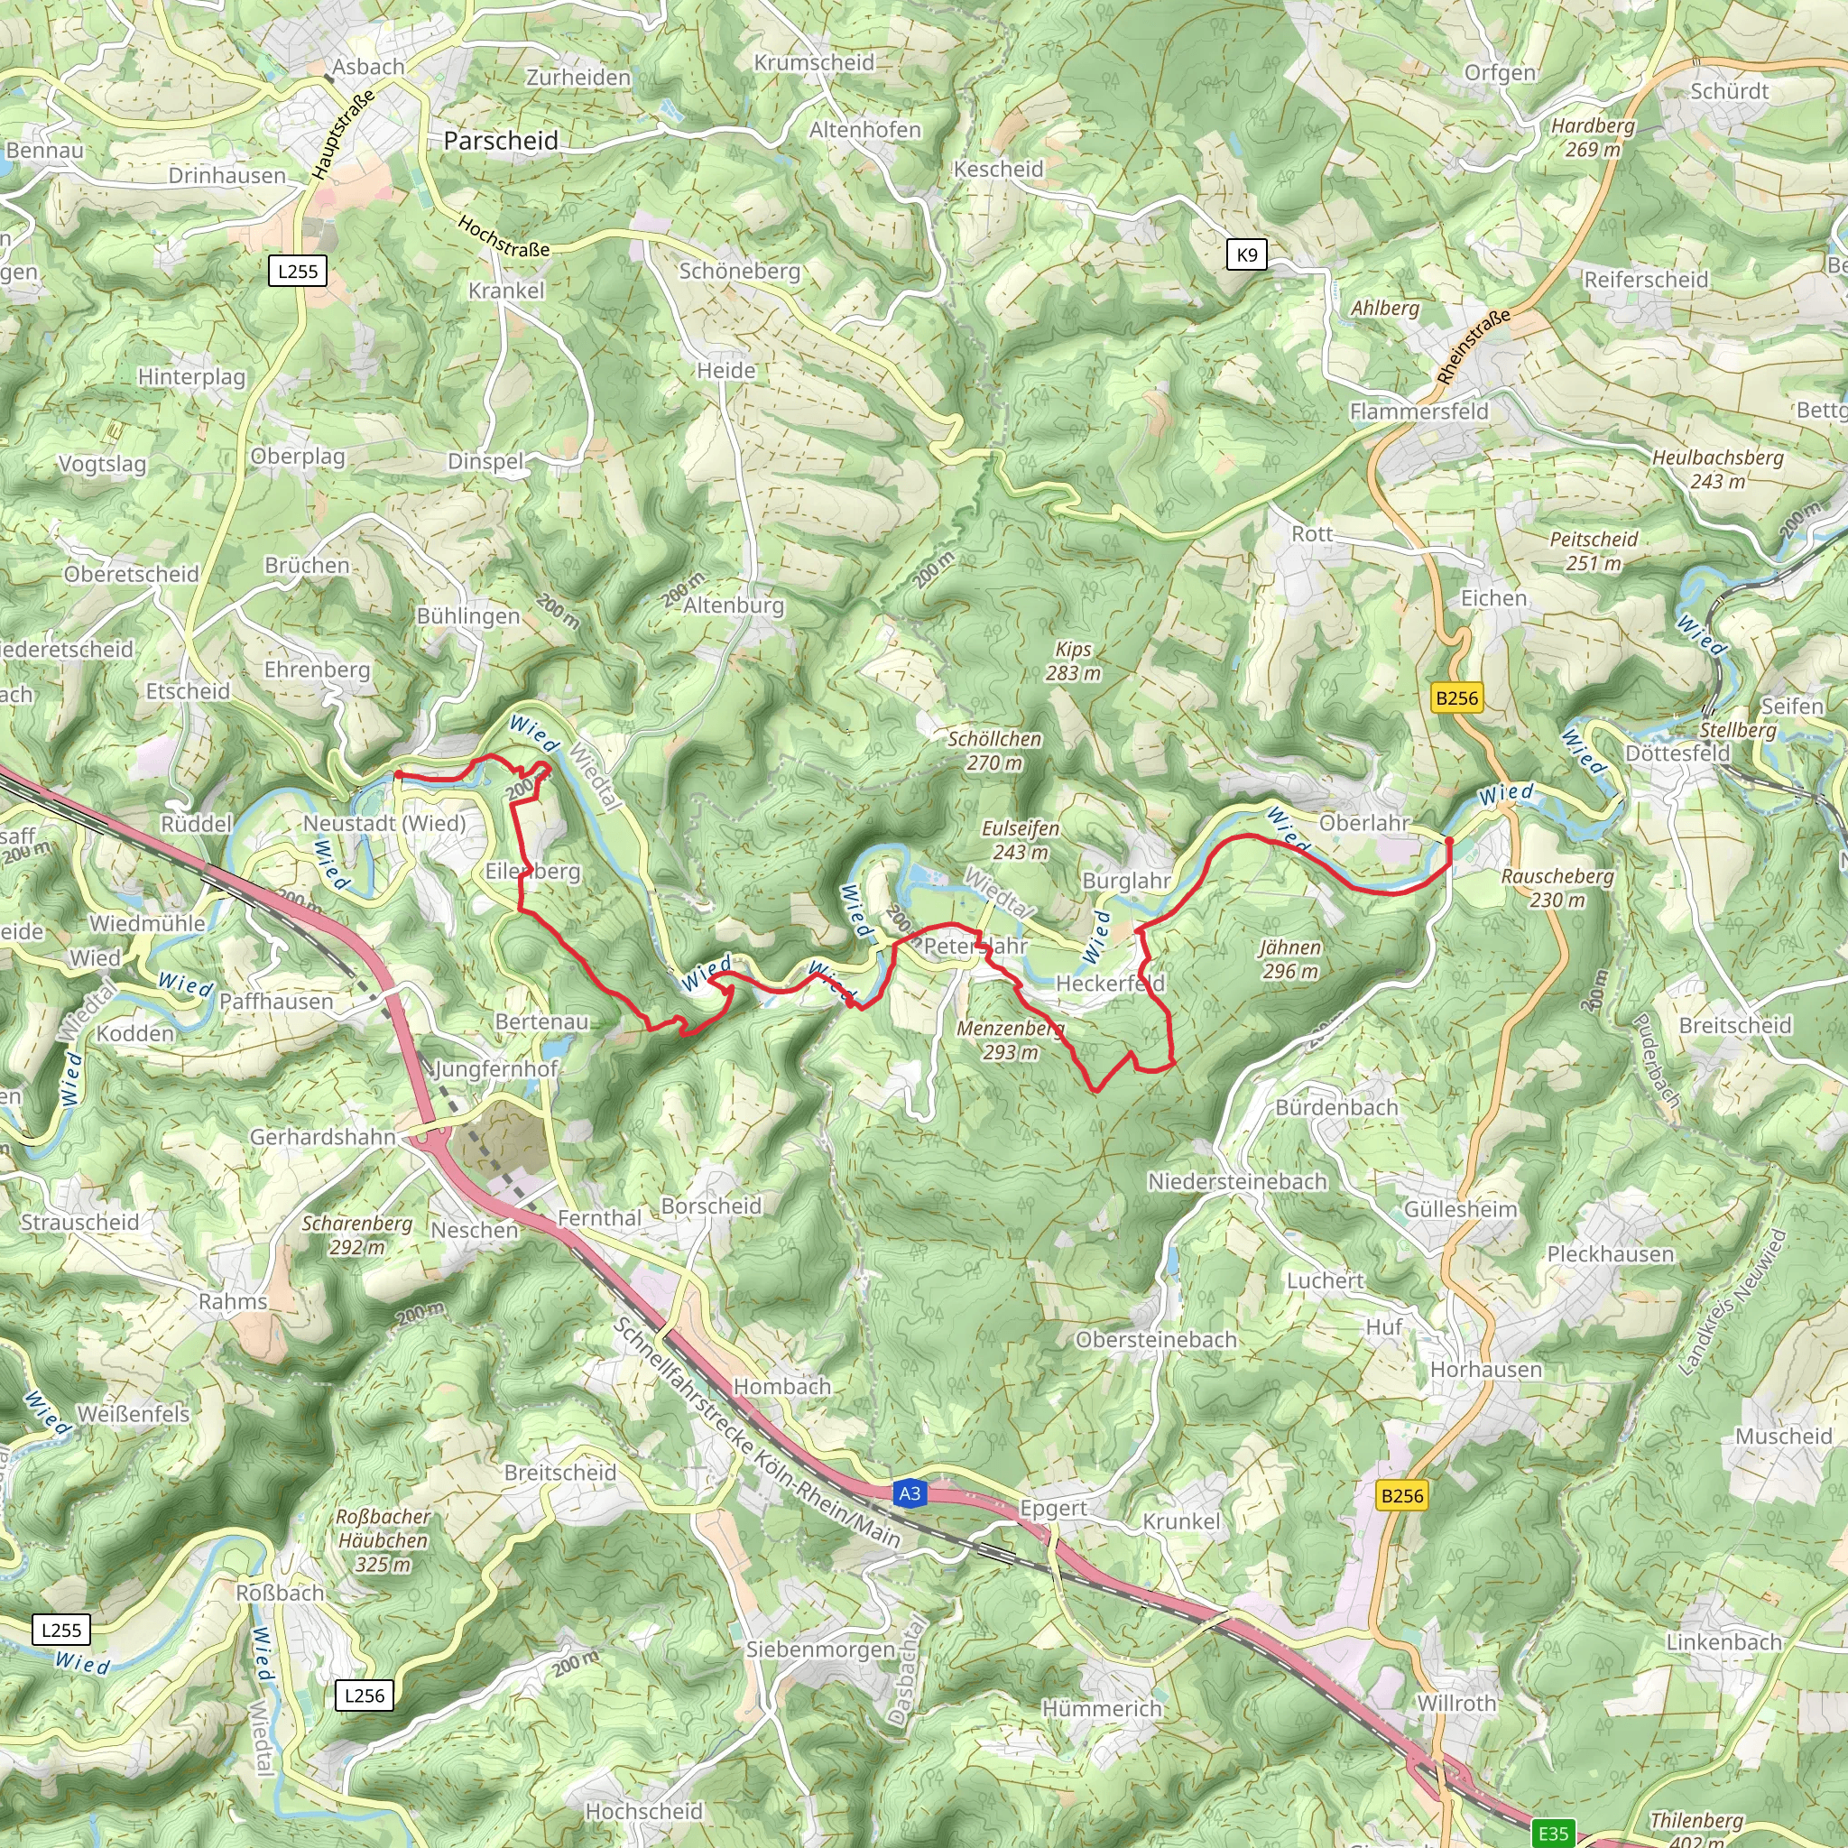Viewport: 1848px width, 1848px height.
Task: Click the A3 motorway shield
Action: point(909,1493)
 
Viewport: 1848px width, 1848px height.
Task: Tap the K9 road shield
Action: point(1246,254)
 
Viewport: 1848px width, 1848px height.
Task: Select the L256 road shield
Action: point(364,1695)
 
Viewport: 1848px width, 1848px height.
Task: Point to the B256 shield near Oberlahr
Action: point(1455,698)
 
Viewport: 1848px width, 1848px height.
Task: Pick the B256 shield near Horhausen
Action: point(1401,1495)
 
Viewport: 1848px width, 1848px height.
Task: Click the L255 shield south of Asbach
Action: point(298,271)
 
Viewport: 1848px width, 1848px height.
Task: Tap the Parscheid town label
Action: point(500,141)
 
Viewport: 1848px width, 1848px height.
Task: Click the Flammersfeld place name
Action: point(1418,411)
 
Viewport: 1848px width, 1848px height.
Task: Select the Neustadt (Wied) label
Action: point(384,823)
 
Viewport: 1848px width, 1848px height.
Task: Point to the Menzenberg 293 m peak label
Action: point(1010,1039)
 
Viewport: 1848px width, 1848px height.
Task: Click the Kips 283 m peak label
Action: point(1072,661)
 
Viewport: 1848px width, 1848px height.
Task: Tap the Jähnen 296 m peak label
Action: point(1289,958)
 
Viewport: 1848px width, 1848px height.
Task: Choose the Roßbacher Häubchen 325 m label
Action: point(383,1540)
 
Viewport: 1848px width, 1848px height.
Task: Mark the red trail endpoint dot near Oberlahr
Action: point(1449,841)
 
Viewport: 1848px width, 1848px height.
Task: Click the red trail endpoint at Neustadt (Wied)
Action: point(397,774)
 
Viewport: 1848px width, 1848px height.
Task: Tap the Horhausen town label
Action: point(1485,1369)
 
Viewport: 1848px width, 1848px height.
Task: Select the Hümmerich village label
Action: point(1102,1708)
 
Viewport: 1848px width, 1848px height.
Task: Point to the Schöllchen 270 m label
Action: point(993,750)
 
